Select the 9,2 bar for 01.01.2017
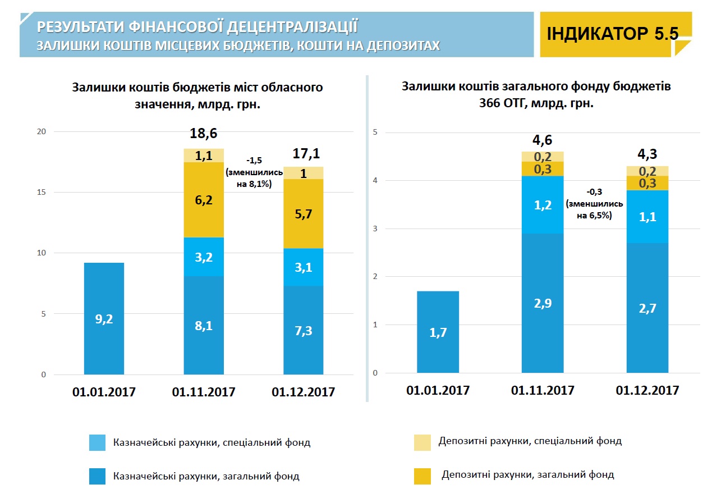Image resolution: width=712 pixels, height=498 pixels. point(104,318)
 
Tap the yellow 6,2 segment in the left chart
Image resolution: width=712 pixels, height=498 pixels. point(204,200)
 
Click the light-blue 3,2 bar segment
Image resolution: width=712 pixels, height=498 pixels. point(204,257)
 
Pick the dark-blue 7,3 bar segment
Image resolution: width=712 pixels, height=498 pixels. point(303,331)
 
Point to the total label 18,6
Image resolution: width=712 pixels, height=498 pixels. point(204,133)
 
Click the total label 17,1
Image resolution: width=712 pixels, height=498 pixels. point(306,153)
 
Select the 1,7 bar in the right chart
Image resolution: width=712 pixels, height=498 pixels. point(438,332)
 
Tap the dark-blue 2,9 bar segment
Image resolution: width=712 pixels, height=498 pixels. point(543,303)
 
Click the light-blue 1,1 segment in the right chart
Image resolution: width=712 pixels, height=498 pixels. point(647,217)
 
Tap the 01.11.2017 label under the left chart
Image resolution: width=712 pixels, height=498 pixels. point(204,391)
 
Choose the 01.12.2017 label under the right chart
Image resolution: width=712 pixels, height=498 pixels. point(647,390)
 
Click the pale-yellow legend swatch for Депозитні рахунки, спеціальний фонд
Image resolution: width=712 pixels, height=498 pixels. point(422,442)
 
